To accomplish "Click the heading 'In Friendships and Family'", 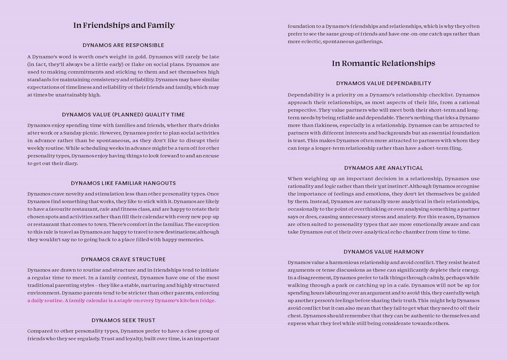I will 124,25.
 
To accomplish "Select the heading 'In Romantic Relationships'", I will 383,63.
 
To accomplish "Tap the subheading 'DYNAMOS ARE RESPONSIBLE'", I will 124,45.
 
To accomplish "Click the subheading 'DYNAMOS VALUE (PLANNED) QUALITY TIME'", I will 124,115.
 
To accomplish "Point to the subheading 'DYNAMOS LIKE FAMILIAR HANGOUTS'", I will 124,183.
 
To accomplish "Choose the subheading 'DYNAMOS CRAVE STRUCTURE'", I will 124,259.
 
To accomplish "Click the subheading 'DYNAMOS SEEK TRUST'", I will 124,320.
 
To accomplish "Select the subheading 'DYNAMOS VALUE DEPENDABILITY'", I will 384,83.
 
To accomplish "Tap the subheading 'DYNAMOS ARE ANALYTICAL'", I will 384,168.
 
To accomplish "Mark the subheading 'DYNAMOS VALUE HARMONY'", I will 384,251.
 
